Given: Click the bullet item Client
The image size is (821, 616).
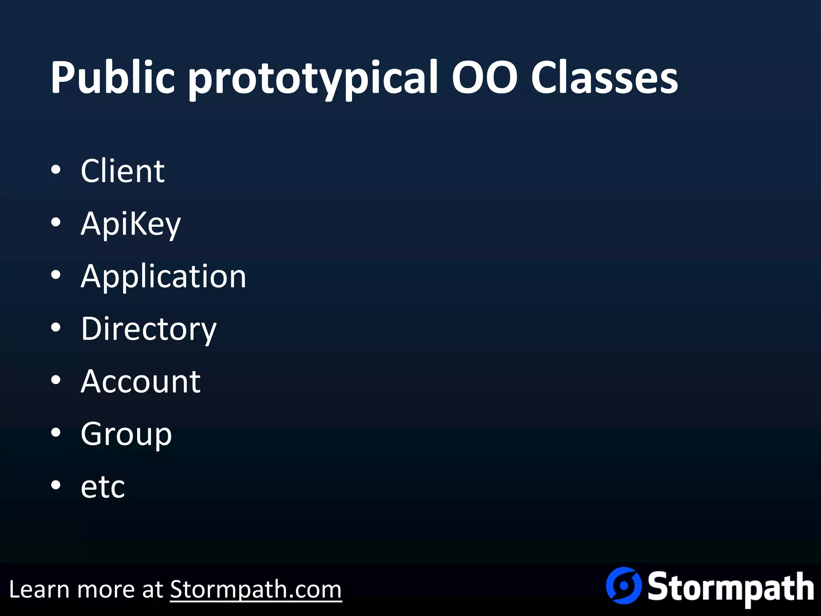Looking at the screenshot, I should pyautogui.click(x=123, y=171).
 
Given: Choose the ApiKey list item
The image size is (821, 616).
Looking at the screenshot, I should pyautogui.click(x=131, y=224).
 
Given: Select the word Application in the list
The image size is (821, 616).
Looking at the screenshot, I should pyautogui.click(x=164, y=277).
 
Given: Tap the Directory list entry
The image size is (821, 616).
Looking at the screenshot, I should pyautogui.click(x=149, y=329).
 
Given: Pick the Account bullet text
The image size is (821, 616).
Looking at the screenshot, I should pyautogui.click(x=141, y=381).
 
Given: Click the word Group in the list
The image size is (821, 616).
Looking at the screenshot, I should pyautogui.click(x=126, y=435).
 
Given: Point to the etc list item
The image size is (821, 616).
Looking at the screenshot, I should pyautogui.click(x=103, y=487).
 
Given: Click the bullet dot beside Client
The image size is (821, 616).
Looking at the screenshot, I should pyautogui.click(x=56, y=170).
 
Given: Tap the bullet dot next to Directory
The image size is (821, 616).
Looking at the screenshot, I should pyautogui.click(x=56, y=328).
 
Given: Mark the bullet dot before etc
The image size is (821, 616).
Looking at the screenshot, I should pyautogui.click(x=56, y=485).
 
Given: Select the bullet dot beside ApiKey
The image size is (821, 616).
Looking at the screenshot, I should pyautogui.click(x=56, y=223).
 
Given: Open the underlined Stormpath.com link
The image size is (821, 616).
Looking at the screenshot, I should pyautogui.click(x=256, y=590).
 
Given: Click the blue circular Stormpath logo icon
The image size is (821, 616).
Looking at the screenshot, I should pyautogui.click(x=623, y=586).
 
